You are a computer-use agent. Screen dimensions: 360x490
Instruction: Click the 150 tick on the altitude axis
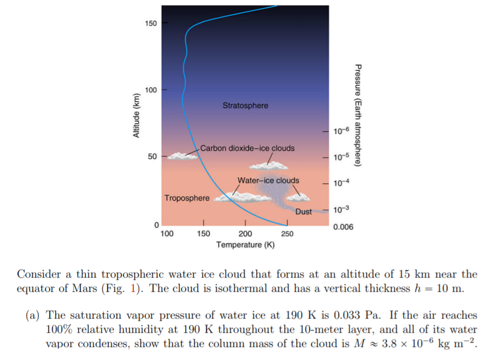click(x=150, y=23)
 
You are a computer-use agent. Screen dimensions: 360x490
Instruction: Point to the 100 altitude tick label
click(x=150, y=90)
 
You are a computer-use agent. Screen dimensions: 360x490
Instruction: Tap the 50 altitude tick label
click(x=152, y=156)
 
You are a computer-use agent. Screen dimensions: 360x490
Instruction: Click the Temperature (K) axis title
click(x=245, y=245)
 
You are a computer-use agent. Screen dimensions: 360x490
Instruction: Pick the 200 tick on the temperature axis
click(x=245, y=234)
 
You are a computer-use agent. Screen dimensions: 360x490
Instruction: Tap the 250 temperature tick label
click(x=287, y=234)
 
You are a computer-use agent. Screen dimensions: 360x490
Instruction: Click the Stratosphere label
click(x=245, y=105)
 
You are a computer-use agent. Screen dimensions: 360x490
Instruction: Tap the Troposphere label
click(x=187, y=197)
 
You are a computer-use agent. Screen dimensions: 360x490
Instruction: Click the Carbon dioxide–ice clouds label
click(x=247, y=148)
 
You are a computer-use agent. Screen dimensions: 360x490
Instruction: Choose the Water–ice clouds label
click(x=268, y=180)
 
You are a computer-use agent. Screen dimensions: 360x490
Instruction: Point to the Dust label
click(x=303, y=211)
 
